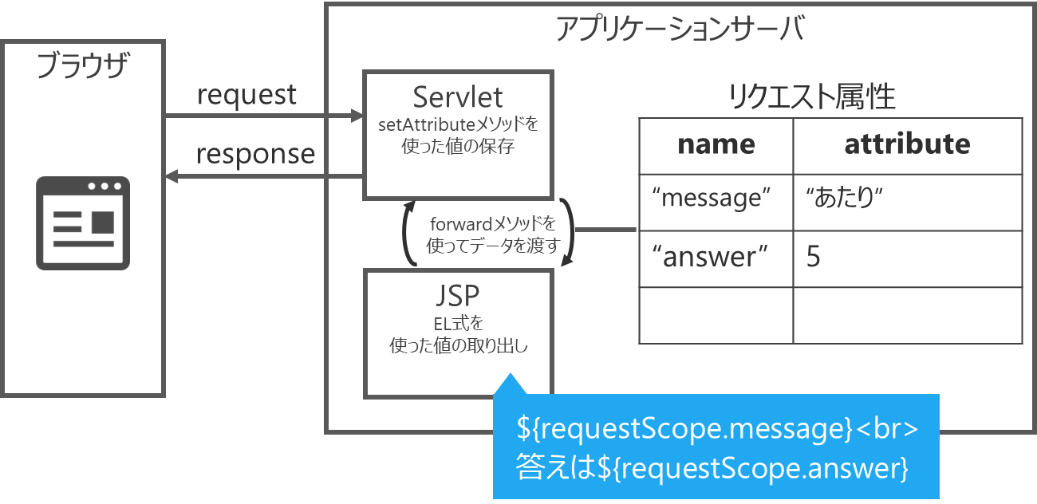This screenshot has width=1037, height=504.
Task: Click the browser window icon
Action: tap(83, 223)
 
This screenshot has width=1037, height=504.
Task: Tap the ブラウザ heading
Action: tap(83, 65)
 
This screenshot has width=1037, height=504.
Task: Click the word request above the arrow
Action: tap(246, 96)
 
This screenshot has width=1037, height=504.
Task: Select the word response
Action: tap(255, 155)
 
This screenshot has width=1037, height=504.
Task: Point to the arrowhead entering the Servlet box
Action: tap(357, 116)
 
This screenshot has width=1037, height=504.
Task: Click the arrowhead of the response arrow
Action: tap(172, 176)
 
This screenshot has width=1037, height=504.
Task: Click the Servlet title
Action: tap(457, 97)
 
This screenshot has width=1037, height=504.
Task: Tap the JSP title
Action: tap(457, 296)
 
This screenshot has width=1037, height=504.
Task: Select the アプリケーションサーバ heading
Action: tap(680, 29)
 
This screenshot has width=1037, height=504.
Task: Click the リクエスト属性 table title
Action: tap(811, 96)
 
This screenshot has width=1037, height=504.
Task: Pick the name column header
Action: tap(716, 144)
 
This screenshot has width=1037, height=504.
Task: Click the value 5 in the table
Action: tap(814, 256)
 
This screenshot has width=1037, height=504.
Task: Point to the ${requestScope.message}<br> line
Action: tap(717, 429)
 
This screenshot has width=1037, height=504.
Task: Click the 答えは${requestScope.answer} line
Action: tap(712, 468)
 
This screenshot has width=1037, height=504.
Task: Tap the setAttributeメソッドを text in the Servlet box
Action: tap(458, 124)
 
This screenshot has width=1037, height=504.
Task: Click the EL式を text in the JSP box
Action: tap(459, 324)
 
